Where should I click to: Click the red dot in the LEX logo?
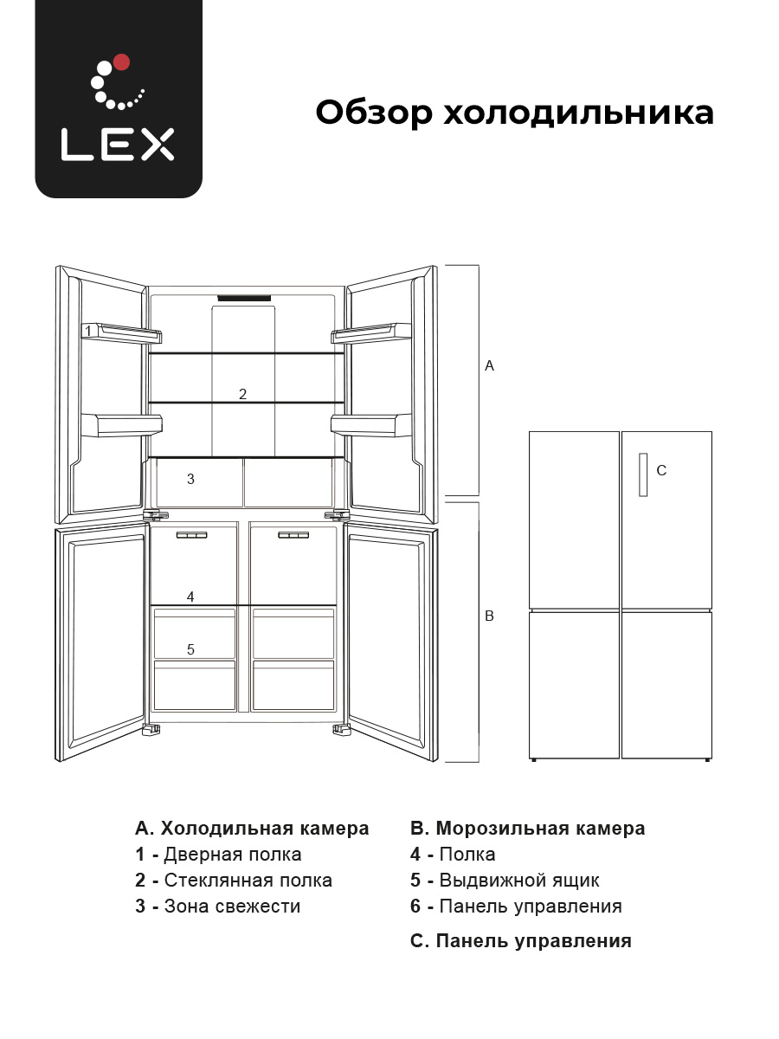click(121, 62)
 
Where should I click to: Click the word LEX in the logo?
click(118, 145)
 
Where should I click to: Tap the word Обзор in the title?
click(374, 113)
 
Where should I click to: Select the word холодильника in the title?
click(578, 113)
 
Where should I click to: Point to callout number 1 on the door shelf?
click(88, 331)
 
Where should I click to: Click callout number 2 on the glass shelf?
click(242, 394)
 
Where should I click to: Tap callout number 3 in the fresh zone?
click(190, 479)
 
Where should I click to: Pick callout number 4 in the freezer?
click(190, 597)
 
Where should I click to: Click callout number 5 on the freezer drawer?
click(190, 649)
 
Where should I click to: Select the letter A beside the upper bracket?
click(490, 366)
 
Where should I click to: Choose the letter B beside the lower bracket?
click(490, 616)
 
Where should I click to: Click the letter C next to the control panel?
click(661, 470)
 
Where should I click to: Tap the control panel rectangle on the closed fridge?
click(643, 474)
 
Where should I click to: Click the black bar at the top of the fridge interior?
click(244, 298)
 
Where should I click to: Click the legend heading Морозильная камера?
click(540, 829)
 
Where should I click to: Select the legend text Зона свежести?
click(232, 906)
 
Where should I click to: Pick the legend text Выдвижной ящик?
click(519, 881)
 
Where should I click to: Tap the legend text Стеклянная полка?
click(248, 881)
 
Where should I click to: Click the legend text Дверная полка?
click(233, 855)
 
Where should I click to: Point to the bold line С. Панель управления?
click(521, 941)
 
